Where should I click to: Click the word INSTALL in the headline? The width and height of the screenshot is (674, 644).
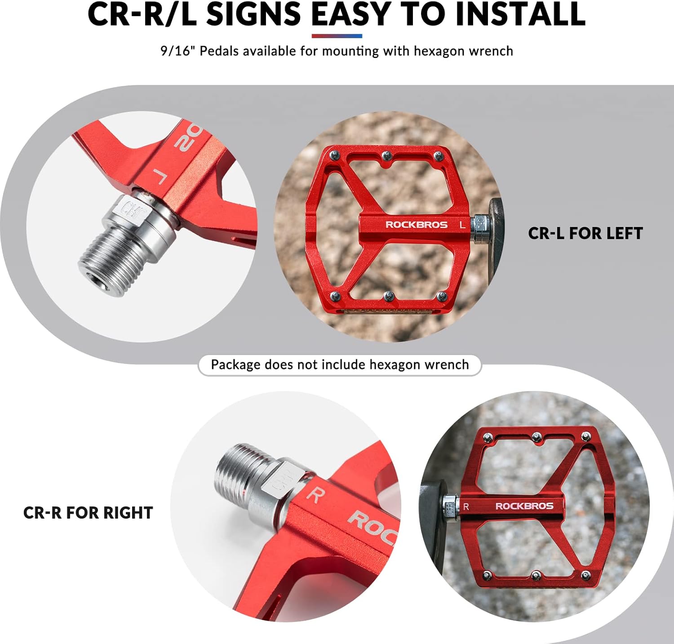[x=520, y=14]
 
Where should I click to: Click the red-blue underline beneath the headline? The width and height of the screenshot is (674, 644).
[x=337, y=36]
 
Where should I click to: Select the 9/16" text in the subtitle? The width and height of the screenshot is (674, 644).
[x=177, y=51]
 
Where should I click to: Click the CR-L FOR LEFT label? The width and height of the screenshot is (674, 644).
[x=585, y=233]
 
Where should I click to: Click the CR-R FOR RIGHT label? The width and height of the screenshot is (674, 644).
[x=88, y=513]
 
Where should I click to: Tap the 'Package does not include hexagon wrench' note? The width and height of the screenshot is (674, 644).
[x=340, y=364]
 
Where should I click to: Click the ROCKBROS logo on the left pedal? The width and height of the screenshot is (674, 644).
[x=417, y=225]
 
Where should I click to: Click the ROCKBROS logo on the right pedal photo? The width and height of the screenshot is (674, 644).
[x=524, y=506]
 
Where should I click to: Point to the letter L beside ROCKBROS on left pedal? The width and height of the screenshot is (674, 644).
[x=462, y=225]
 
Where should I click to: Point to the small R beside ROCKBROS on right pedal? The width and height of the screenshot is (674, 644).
[x=466, y=506]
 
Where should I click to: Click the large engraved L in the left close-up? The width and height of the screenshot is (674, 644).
[x=160, y=177]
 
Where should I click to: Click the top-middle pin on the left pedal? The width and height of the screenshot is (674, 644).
[x=386, y=155]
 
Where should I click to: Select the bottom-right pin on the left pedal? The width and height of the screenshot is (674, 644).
[x=442, y=296]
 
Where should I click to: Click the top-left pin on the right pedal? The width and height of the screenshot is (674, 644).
[x=488, y=436]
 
